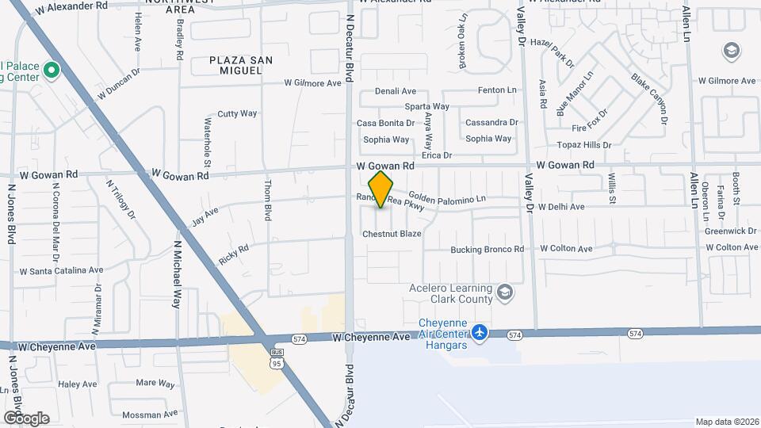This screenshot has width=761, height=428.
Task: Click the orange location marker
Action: click(x=380, y=189)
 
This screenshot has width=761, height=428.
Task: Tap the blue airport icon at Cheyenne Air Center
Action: click(x=480, y=333)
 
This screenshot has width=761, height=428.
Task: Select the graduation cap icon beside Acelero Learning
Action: click(x=504, y=295)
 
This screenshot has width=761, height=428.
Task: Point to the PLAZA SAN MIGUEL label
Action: click(x=236, y=65)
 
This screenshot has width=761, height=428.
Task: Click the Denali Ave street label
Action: click(x=396, y=91)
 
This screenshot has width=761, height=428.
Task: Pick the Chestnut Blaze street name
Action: click(x=392, y=234)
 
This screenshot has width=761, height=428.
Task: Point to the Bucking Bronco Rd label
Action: click(x=488, y=249)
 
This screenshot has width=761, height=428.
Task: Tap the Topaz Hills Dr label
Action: click(x=584, y=145)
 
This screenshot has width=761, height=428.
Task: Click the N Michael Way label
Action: click(x=178, y=273)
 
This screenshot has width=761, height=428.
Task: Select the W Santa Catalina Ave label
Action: click(x=62, y=270)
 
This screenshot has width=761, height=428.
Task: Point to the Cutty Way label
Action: click(x=238, y=113)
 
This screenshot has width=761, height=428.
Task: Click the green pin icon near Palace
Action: click(x=52, y=71)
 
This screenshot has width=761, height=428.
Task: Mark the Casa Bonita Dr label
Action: click(x=385, y=123)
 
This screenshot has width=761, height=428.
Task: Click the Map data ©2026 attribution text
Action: click(x=726, y=422)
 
